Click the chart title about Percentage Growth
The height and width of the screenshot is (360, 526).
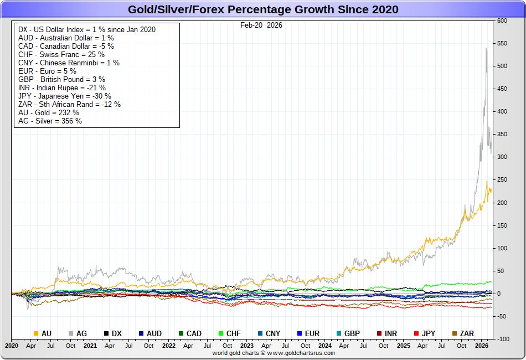(263, 9)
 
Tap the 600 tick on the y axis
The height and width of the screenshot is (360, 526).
(502, 20)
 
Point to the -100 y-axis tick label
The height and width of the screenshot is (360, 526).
(502, 339)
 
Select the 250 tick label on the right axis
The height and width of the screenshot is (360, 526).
(502, 180)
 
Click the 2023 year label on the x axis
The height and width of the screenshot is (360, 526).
(247, 346)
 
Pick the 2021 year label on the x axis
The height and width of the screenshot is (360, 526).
(90, 346)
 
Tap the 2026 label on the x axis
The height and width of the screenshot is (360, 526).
(482, 346)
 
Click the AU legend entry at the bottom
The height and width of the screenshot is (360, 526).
(43, 333)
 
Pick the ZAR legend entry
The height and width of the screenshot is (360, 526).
(462, 333)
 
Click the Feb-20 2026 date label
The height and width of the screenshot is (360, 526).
(261, 25)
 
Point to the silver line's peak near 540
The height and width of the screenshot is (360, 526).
(486, 48)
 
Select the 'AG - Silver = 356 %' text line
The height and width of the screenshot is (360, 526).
(50, 121)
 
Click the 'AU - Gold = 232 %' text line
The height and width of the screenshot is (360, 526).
(49, 112)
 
